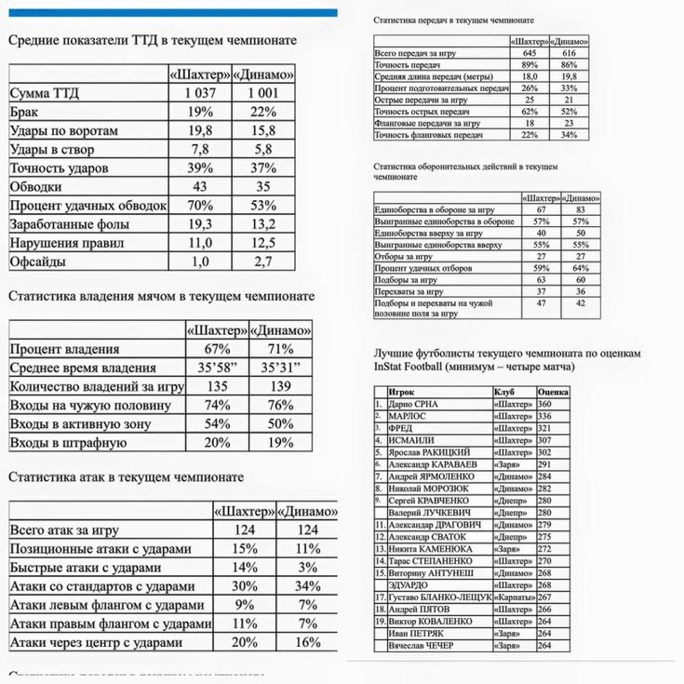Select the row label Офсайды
tap(38, 262)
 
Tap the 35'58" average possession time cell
tap(217, 368)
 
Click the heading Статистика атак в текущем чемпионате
tap(126, 476)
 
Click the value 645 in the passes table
tap(530, 53)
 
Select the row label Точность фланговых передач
tap(429, 135)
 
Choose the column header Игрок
tap(402, 393)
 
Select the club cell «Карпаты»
tap(514, 597)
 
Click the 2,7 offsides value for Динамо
tap(263, 262)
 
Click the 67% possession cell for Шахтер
tap(217, 349)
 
